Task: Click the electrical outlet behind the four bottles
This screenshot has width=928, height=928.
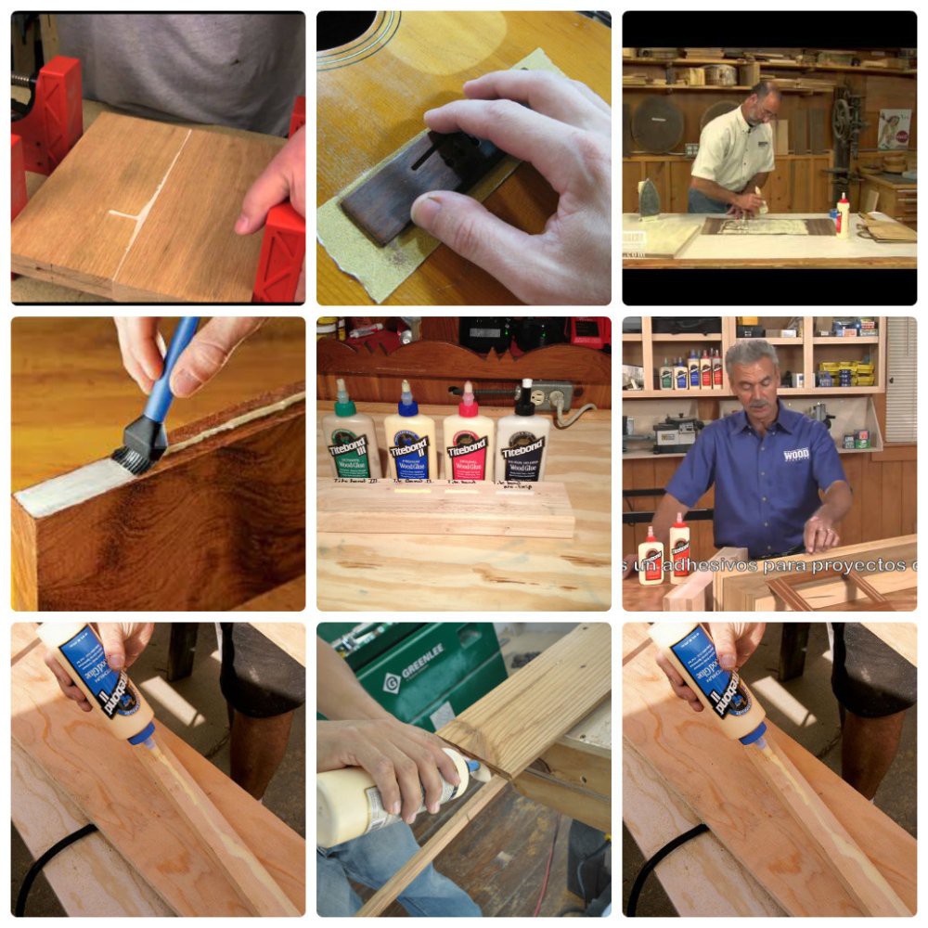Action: (555, 397)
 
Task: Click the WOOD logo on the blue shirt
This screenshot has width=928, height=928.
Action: (796, 455)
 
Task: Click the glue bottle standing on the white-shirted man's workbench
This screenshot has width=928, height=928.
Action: (843, 215)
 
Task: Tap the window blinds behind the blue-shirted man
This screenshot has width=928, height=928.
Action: (900, 380)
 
